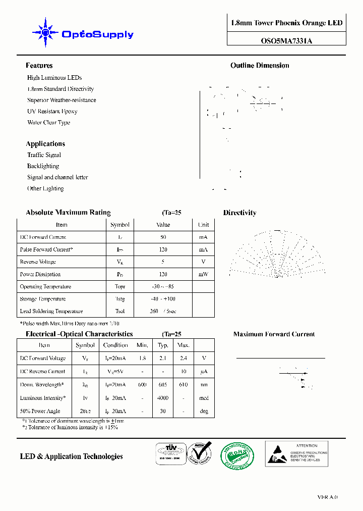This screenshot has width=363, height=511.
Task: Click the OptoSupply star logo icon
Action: coord(45,33)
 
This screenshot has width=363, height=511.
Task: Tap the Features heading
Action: coord(39,66)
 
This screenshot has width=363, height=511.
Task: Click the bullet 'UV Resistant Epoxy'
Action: coord(52,111)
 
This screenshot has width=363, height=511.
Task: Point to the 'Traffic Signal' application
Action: coord(44,155)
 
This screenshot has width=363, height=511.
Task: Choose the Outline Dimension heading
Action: coord(260,66)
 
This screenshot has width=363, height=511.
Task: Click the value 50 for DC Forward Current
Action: coord(163,237)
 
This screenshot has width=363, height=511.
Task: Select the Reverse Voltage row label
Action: coord(38,262)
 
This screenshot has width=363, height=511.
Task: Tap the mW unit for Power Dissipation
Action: coord(203,275)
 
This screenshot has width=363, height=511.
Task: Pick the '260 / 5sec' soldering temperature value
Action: coord(163,312)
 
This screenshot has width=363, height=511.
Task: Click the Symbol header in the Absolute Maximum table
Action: coord(120,225)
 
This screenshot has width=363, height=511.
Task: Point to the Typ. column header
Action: coord(163,345)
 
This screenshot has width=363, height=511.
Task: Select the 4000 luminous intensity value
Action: coord(163,398)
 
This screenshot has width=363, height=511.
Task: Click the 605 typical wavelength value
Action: coord(163,385)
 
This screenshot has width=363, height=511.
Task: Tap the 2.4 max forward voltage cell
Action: coord(183,359)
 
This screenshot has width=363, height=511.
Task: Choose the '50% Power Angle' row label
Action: coord(40,412)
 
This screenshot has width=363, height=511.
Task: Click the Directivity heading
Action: coord(239,213)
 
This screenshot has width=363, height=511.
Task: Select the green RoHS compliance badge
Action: coord(238,454)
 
